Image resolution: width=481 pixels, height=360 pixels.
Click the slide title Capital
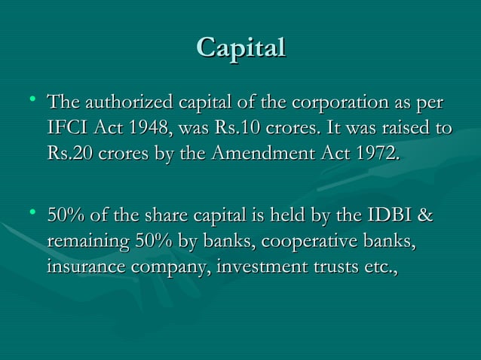pos(240,47)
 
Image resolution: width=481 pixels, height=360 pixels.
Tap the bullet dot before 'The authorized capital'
pos(31,99)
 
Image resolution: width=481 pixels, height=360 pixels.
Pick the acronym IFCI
pos(65,129)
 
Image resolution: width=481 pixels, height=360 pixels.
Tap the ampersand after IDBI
pos(425,217)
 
